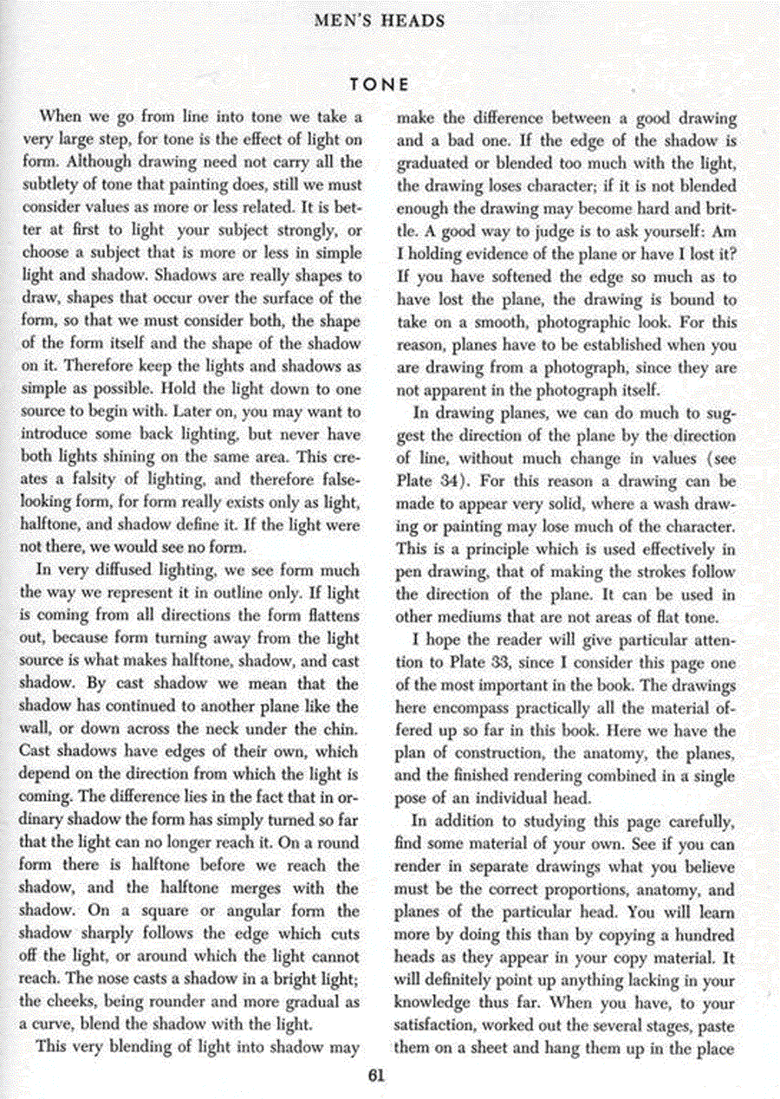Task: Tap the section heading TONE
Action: (x=378, y=84)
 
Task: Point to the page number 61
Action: (x=375, y=1076)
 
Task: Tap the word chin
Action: (x=341, y=730)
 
